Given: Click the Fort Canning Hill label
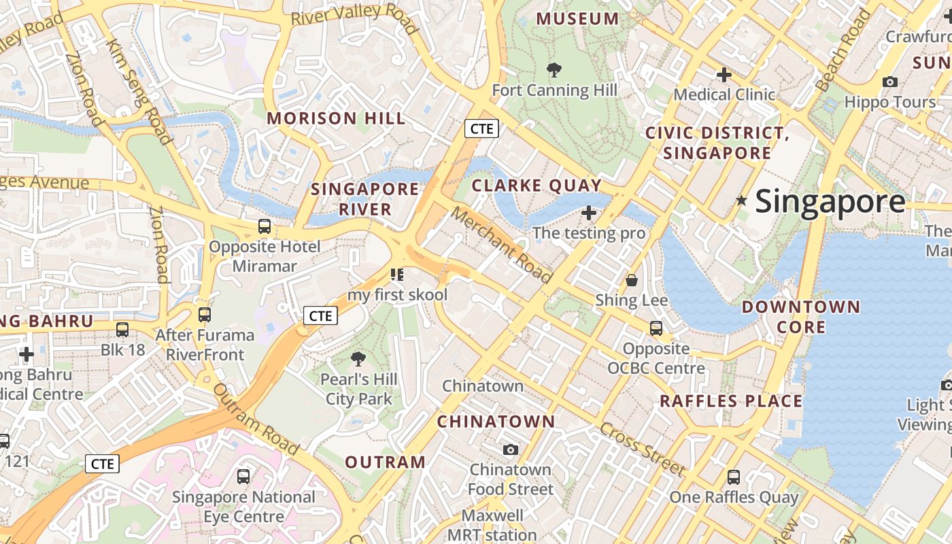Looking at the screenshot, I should (554, 90).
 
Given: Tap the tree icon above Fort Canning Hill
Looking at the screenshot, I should (554, 69).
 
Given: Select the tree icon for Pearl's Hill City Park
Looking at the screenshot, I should (358, 359).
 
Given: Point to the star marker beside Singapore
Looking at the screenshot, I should (741, 201).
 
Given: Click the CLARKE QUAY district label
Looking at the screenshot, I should (537, 186).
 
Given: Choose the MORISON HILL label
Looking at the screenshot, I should (336, 118).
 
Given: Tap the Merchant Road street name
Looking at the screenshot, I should (501, 245).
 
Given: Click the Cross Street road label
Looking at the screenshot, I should (643, 449).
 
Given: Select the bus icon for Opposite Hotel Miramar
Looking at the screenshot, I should (264, 226).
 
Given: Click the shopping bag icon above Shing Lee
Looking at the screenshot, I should (632, 280).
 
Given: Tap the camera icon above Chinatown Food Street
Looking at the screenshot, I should (511, 449).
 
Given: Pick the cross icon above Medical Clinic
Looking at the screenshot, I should (724, 74).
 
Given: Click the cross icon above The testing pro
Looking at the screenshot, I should (589, 214).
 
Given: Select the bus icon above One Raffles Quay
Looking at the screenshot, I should (733, 477).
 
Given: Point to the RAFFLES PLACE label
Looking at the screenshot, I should (731, 401).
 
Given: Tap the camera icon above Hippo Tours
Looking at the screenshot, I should (889, 82).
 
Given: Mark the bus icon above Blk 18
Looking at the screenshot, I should (122, 330).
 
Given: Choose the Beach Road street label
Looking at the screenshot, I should (843, 51).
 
